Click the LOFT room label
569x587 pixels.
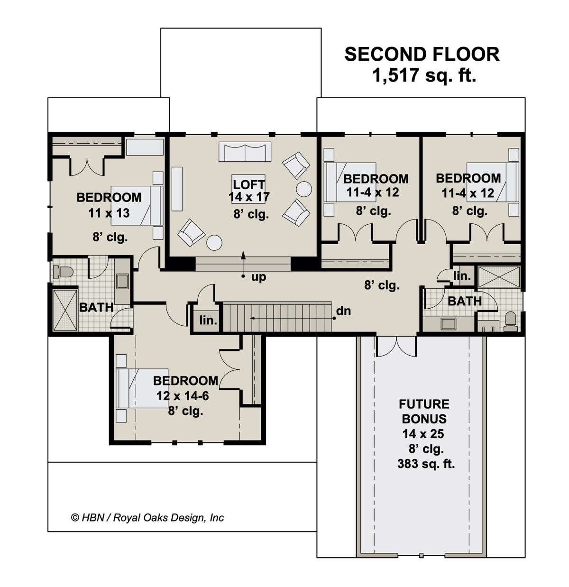coord(249,184)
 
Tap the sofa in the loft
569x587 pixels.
coord(245,152)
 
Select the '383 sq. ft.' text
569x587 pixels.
coord(426,464)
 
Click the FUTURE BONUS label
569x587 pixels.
coord(424,412)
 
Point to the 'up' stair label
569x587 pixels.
coord(258,277)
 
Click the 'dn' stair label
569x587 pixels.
coord(343,311)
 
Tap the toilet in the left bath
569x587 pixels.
coord(63,272)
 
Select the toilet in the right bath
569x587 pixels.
coord(511,322)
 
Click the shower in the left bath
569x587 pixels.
coord(65,310)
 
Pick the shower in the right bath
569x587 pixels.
coord(499,277)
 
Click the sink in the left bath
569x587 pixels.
coord(122,281)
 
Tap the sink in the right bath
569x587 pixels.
coord(448,324)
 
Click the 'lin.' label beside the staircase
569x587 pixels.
coord(208,321)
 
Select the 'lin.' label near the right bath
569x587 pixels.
coord(462,275)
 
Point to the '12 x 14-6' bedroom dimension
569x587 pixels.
coord(183,396)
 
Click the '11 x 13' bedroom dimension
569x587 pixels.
coord(109,213)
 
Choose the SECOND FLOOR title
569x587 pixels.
coord(422,55)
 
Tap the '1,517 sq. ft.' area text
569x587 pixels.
coord(424,75)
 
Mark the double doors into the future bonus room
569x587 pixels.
coord(396,347)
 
